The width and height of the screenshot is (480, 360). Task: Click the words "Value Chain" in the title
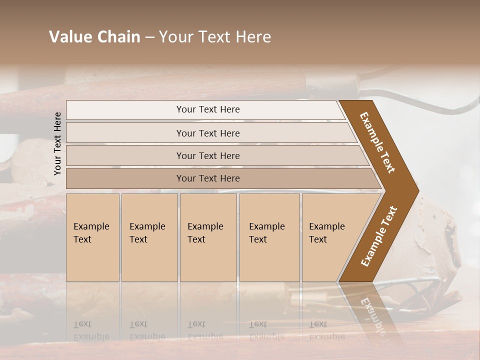pos(94,37)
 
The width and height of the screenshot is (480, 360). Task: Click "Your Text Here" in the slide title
pos(215,37)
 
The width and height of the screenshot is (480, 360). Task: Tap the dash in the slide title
pos(149,37)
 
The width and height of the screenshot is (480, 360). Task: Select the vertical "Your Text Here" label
pos(57,144)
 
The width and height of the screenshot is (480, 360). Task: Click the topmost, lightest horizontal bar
pos(207,109)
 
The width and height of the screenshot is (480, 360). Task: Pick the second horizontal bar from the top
pos(207,133)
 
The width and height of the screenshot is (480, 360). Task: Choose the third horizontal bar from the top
pos(207,155)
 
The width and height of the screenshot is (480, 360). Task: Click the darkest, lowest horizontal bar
pos(207,178)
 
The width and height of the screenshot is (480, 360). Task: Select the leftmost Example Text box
pos(92,237)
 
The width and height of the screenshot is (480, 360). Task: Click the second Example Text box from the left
pos(149,237)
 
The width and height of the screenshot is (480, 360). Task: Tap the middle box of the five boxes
pos(208,237)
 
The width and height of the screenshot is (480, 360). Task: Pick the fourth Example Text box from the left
pos(269,237)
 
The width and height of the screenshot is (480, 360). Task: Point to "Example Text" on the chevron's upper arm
pos(377,142)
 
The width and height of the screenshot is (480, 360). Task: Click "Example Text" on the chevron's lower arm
pos(378,236)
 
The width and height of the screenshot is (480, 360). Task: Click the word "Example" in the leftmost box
pos(91,226)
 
